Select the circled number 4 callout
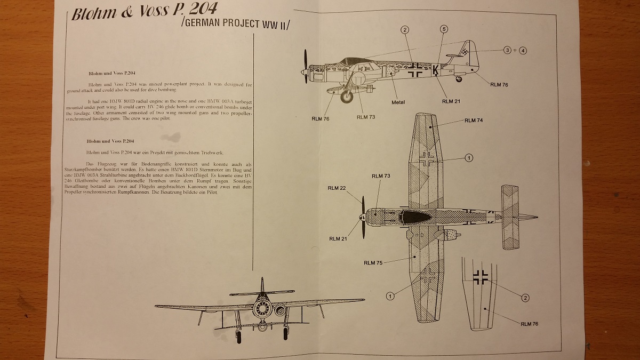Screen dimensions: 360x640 [x=523, y=50]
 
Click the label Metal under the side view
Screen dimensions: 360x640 [x=398, y=102]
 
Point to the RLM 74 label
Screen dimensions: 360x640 [x=474, y=121]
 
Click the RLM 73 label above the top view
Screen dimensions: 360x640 [x=381, y=176]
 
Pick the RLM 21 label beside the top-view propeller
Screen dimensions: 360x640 [x=338, y=239]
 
